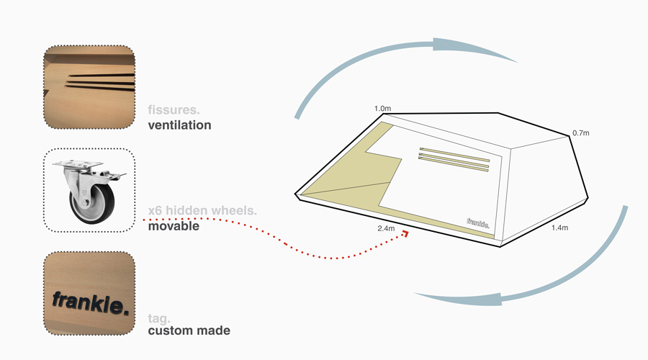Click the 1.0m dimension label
pos(382,109)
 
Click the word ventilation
pos(179,125)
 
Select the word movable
pos(174,226)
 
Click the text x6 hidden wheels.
pos(202,211)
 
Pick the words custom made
pos(189,330)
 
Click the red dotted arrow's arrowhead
pos(405,233)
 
